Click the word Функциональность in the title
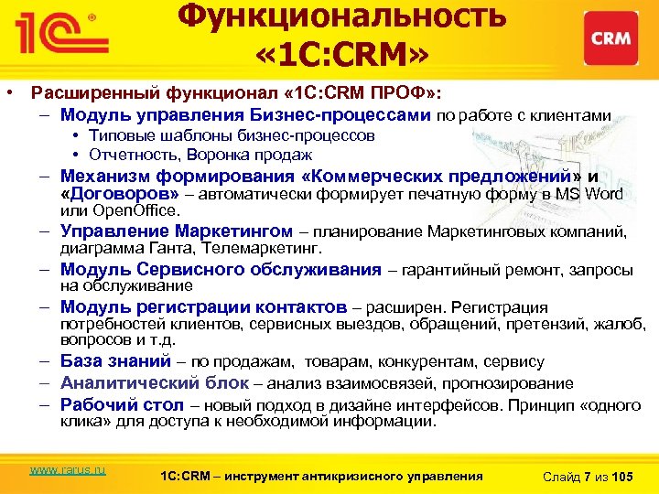click(340, 17)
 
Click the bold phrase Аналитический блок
click(155, 382)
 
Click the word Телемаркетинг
click(275, 248)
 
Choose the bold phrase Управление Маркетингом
click(177, 231)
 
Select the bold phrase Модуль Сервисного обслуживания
click(221, 269)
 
